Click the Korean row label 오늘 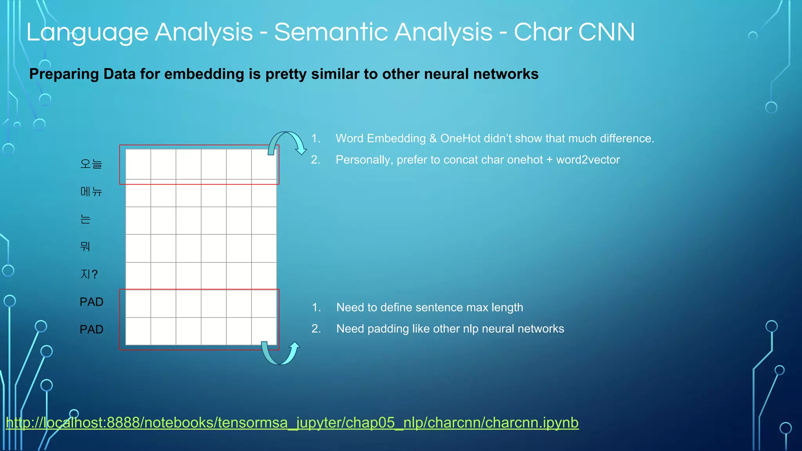[91, 164]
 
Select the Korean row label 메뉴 [91, 191]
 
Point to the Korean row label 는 [85, 219]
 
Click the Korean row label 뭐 [85, 246]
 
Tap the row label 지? [89, 274]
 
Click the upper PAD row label [91, 302]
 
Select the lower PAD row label [91, 329]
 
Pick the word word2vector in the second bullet [588, 160]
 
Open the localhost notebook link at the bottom [292, 423]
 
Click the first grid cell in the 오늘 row [138, 164]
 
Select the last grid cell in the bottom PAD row [264, 331]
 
